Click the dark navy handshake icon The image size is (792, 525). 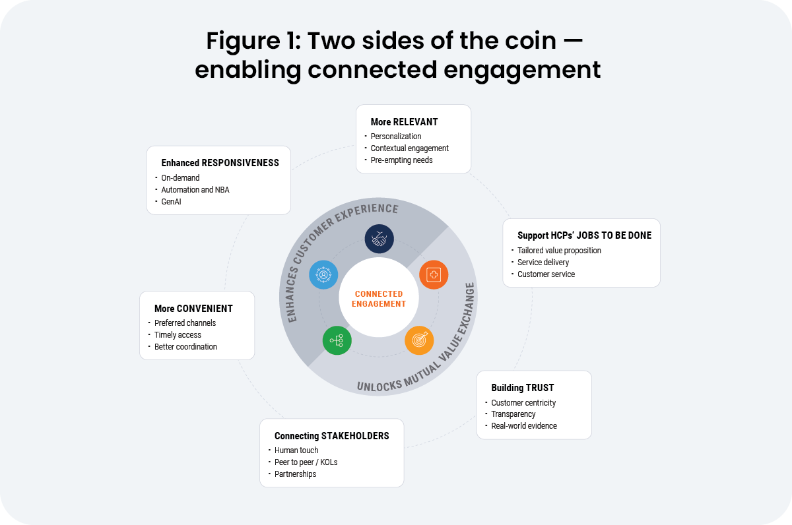[379, 239]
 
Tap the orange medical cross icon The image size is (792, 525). [434, 275]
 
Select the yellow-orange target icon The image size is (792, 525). [419, 340]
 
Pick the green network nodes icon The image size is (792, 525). [337, 340]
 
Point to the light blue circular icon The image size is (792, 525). [323, 275]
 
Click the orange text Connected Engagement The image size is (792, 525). [379, 299]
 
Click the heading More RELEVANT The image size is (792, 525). [404, 122]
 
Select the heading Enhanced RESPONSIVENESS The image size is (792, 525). [220, 163]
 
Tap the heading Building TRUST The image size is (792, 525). [522, 388]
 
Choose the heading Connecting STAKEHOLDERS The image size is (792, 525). [331, 436]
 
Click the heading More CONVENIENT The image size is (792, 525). [193, 309]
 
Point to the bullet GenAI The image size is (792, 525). [171, 202]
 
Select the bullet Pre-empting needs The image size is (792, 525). [401, 160]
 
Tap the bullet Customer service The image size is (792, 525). [546, 274]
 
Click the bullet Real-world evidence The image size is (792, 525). [524, 426]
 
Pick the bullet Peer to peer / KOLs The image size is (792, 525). [306, 462]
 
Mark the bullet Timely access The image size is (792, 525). [178, 335]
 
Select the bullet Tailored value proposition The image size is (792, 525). [559, 251]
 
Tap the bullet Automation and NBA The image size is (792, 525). [196, 190]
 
